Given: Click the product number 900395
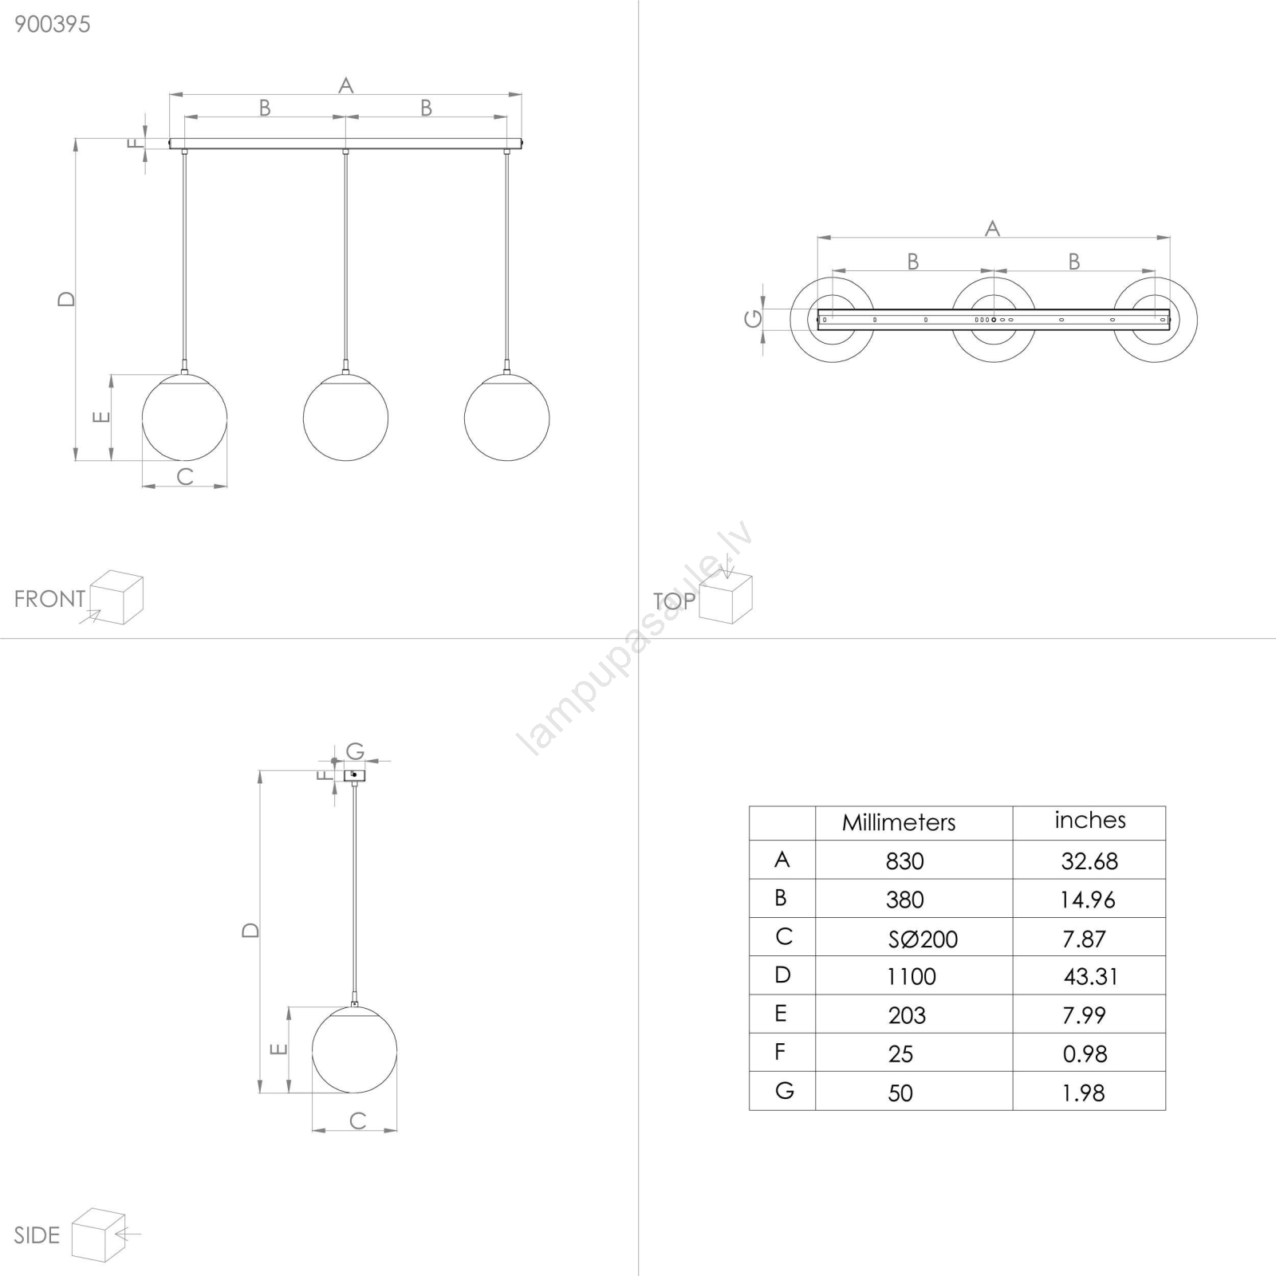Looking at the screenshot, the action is point(53,24).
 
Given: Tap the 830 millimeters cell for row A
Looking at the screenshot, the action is point(904,861).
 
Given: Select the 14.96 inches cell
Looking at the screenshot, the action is point(1088,900).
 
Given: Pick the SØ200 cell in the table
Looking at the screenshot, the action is point(923,939).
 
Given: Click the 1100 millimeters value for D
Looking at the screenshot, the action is point(911,976).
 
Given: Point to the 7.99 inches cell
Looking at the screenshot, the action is point(1084,1015).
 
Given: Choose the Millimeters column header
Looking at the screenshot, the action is point(899,823).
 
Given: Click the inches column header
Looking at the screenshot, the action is point(1090,820).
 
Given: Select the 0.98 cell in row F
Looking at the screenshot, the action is point(1085,1054).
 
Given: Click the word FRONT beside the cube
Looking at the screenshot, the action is point(49,599).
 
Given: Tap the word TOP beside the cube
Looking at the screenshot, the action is point(674,601).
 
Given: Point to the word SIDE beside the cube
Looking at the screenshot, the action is point(37,1235).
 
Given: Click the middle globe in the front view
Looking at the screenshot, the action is point(345,417).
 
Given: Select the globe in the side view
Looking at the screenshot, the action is point(354,1050).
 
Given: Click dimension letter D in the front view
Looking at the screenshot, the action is point(66,299).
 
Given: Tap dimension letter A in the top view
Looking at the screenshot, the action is point(992,229).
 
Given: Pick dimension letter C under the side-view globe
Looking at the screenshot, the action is point(358,1120).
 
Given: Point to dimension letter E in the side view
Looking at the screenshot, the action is point(278,1050).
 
